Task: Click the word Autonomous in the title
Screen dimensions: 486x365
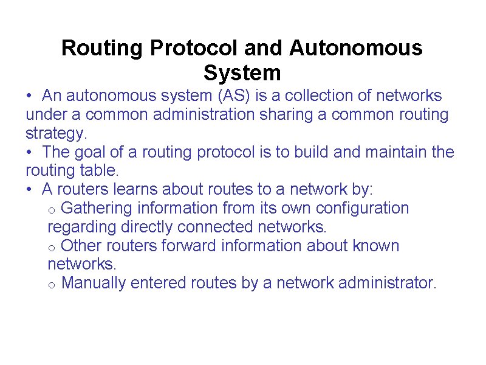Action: coord(356,47)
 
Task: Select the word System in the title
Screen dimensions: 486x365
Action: coord(242,73)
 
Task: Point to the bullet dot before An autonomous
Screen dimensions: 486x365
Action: coord(29,96)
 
